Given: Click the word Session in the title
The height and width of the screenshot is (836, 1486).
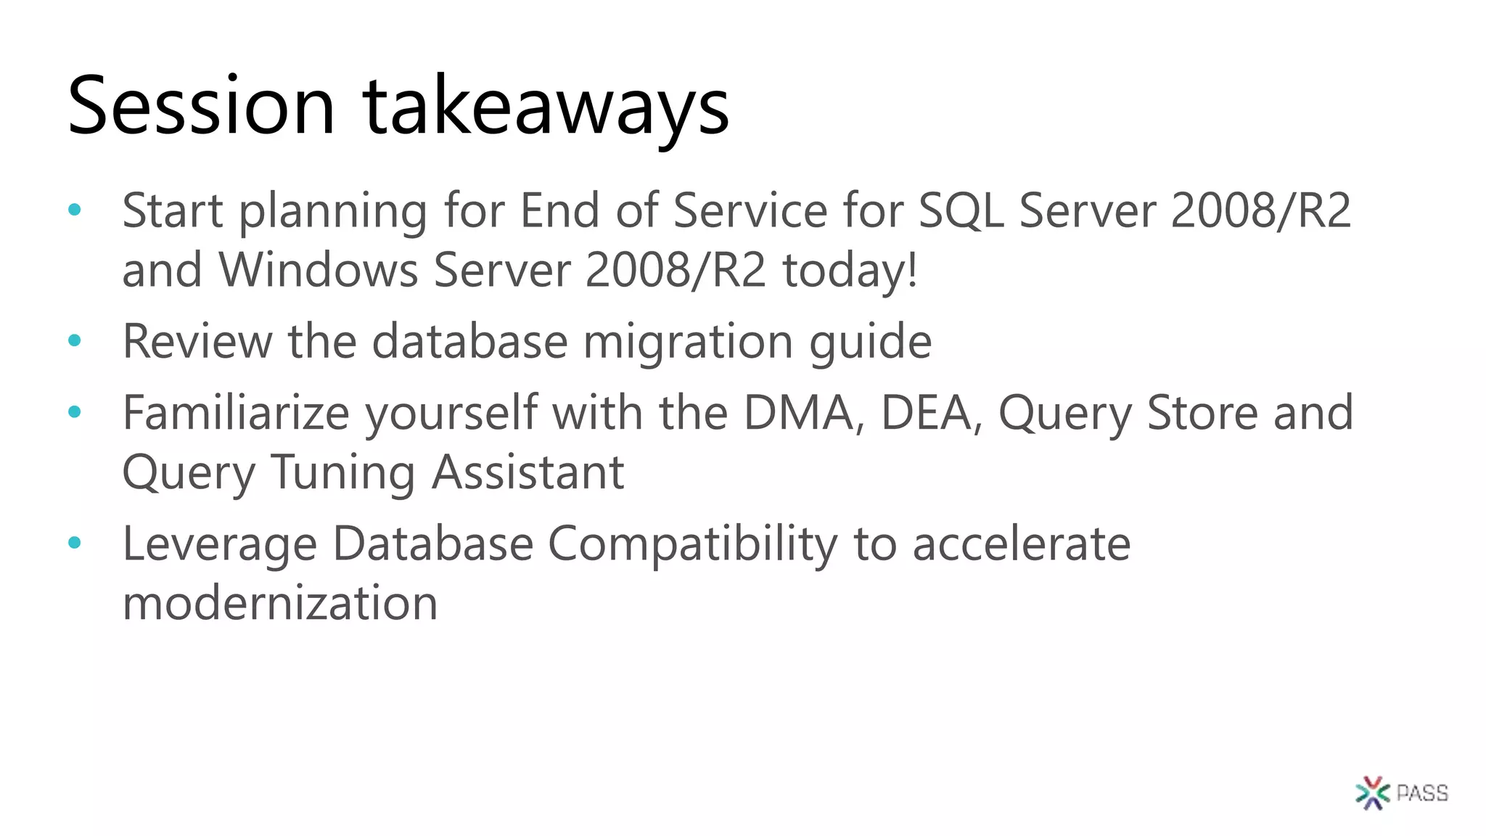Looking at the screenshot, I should [x=201, y=106].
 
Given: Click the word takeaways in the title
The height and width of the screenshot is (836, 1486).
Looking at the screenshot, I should [x=546, y=109].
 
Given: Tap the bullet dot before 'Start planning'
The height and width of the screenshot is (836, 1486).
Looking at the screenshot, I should [x=74, y=210].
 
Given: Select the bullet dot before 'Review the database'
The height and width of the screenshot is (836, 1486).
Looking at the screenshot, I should [x=74, y=340].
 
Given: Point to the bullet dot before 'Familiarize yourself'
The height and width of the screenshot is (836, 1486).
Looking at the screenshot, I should [x=74, y=412].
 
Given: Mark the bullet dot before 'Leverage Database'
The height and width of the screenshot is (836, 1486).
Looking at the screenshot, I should [x=74, y=542].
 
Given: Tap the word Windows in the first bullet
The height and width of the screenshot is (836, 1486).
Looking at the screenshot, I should [x=319, y=270].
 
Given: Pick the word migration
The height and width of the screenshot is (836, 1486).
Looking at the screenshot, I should [x=687, y=342].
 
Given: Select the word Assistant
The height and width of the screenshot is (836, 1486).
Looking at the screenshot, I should [x=528, y=472].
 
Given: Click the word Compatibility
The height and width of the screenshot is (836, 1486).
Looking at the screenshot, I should [x=692, y=544].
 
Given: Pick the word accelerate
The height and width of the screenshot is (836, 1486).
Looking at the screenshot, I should [x=1021, y=544].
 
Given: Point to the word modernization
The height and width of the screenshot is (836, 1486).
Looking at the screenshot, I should [x=280, y=603].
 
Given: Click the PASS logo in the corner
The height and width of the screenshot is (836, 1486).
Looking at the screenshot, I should [x=1401, y=792].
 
